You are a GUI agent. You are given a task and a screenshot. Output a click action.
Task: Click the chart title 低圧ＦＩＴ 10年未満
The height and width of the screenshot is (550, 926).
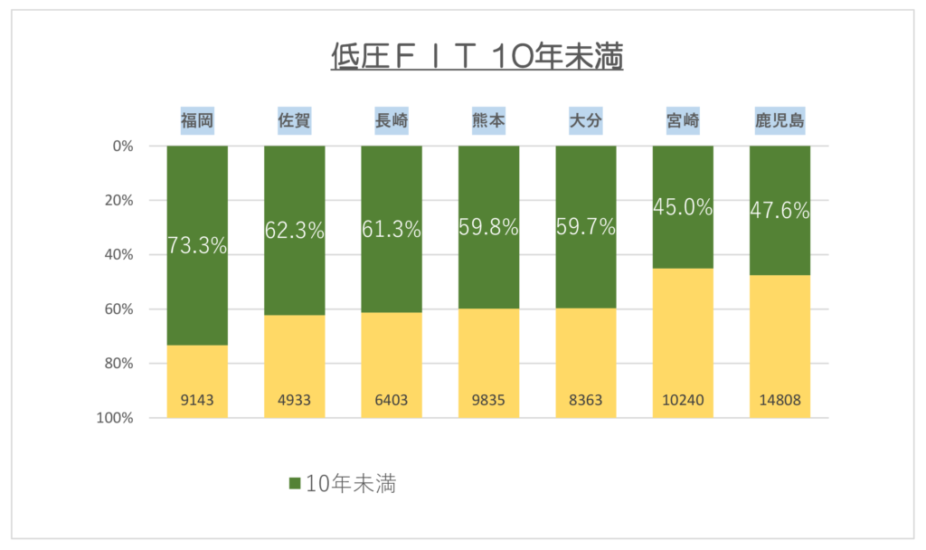[x=477, y=57]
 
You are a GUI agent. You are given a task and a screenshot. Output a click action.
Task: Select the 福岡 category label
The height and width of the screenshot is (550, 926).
[x=197, y=120]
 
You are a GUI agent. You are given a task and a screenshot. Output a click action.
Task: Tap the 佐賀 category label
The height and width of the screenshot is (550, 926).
[x=294, y=120]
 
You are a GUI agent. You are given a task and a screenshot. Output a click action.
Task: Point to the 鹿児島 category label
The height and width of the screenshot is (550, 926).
[x=780, y=120]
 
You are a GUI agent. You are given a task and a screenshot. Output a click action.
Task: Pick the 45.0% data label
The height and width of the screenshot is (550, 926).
[x=683, y=207]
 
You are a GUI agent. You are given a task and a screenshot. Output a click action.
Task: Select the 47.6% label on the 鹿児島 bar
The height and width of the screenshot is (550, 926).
[x=780, y=210]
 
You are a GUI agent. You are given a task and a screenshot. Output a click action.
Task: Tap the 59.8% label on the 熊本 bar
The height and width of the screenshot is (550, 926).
[x=488, y=227]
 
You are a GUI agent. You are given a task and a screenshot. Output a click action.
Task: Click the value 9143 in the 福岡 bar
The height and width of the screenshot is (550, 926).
[x=197, y=400]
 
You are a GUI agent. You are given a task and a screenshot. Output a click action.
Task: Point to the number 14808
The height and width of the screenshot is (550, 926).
[x=780, y=400]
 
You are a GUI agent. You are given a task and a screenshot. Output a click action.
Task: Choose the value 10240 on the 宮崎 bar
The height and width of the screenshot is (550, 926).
[x=683, y=400]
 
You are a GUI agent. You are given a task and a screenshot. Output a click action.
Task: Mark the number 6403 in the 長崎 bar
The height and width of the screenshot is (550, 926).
[x=392, y=400]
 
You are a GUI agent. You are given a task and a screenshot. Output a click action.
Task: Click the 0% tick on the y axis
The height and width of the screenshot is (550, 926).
[x=123, y=146]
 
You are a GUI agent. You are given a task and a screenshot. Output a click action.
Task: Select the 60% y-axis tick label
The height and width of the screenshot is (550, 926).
[x=119, y=309]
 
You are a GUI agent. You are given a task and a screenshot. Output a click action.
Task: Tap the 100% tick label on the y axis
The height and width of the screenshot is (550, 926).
[x=115, y=418]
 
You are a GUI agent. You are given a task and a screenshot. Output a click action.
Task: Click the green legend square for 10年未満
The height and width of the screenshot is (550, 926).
[x=295, y=484]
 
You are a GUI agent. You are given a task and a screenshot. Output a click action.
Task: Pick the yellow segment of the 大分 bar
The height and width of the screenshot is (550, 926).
[x=586, y=363]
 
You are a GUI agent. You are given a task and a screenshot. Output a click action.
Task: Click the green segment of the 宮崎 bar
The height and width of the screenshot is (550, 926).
[x=683, y=207]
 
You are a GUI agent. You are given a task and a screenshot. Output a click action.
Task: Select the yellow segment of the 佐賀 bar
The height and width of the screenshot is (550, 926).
[x=294, y=366]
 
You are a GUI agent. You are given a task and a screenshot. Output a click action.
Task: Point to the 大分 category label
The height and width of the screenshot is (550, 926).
[x=586, y=120]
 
